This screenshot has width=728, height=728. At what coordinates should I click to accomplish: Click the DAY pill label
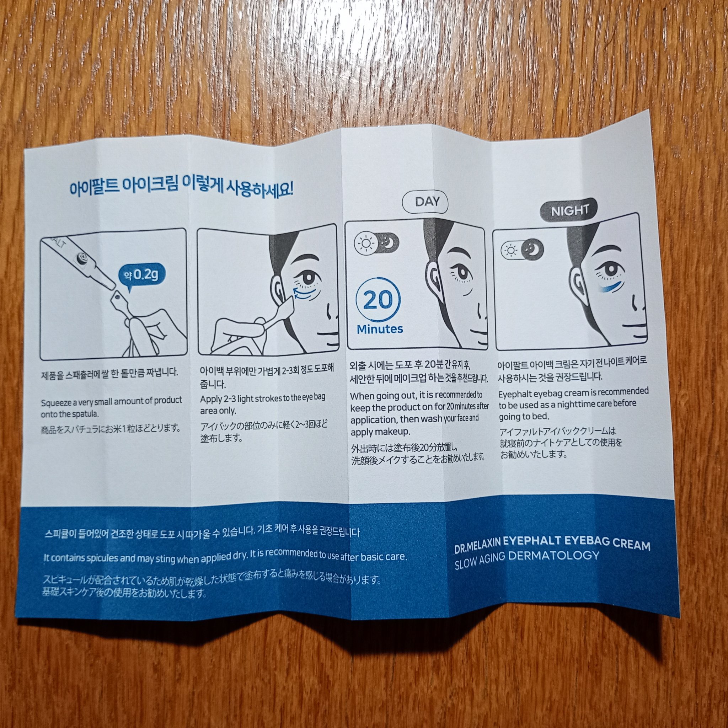point(425,202)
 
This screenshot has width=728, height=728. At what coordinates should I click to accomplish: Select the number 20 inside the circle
point(378,300)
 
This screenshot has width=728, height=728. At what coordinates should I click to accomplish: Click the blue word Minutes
point(380,329)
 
